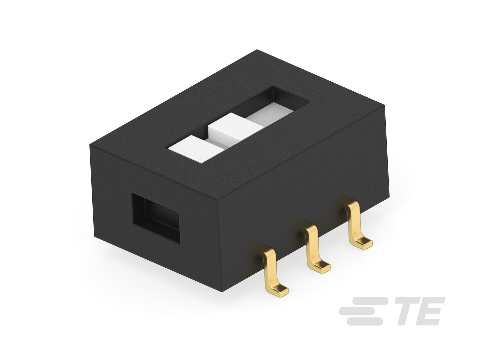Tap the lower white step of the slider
(x=197, y=149)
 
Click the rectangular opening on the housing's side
(x=156, y=218)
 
